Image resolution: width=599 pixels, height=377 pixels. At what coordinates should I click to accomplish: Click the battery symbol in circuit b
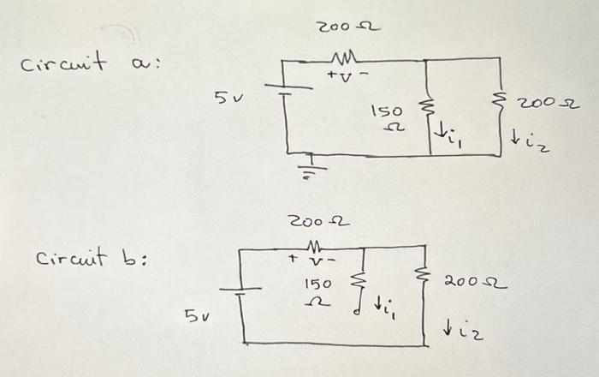click(243, 293)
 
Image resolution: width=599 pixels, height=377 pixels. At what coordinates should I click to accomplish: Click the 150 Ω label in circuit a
click(386, 119)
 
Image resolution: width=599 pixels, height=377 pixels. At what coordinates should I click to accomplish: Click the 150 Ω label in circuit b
click(318, 289)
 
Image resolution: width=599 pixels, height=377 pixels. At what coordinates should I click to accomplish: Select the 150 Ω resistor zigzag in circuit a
click(429, 110)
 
